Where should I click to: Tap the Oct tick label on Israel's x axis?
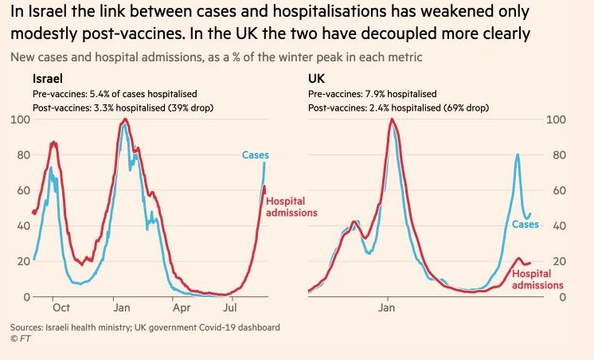click(61, 307)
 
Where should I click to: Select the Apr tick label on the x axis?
click(181, 307)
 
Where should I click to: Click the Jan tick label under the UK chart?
click(388, 307)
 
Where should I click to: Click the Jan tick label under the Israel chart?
click(121, 307)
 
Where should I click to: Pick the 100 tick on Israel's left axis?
click(21, 119)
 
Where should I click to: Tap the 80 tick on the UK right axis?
click(557, 155)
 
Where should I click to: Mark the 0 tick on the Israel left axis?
click(26, 297)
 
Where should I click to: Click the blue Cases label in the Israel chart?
click(256, 155)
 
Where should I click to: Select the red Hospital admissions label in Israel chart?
click(291, 207)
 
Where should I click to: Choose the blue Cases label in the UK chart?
click(526, 225)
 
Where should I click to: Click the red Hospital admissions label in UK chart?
click(537, 279)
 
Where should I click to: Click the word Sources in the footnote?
click(28, 327)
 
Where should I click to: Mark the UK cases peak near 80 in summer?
click(518, 155)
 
